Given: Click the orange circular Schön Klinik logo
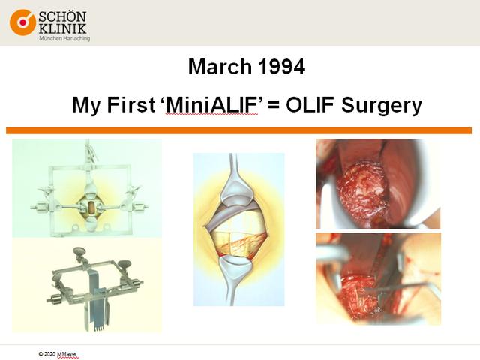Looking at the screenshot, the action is (22, 22).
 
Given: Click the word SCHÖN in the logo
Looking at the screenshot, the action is (62, 17).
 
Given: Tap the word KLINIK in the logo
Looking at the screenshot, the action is (62, 28).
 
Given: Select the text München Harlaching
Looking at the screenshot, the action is (64, 38).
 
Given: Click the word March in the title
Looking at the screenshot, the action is (220, 67).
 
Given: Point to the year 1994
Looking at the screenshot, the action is (281, 67).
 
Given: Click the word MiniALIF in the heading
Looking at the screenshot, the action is (211, 105).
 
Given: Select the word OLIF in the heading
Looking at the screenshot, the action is (310, 105).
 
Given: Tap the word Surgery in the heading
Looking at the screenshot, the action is (382, 106).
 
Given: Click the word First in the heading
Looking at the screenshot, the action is (131, 105).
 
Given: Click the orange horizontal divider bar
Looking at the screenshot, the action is (238, 130).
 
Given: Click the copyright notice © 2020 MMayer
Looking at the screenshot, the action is (58, 354).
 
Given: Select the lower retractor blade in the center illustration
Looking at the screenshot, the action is (234, 277).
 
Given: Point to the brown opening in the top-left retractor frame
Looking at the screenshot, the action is (91, 208).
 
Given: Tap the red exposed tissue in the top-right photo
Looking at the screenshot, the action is (361, 191).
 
